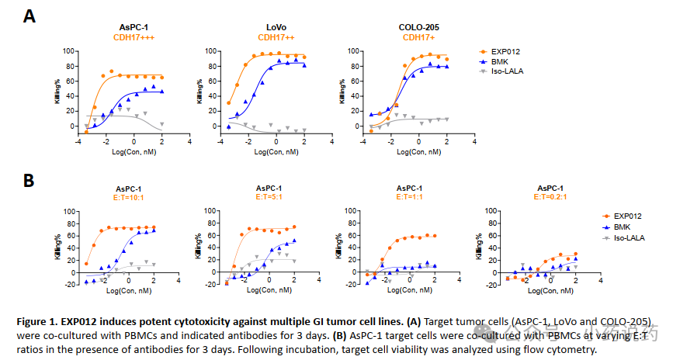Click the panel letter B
point(29,180)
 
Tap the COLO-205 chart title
point(419,27)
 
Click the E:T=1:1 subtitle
point(409,197)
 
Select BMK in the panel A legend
point(500,61)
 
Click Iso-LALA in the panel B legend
point(630,237)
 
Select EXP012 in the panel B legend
point(628,216)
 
